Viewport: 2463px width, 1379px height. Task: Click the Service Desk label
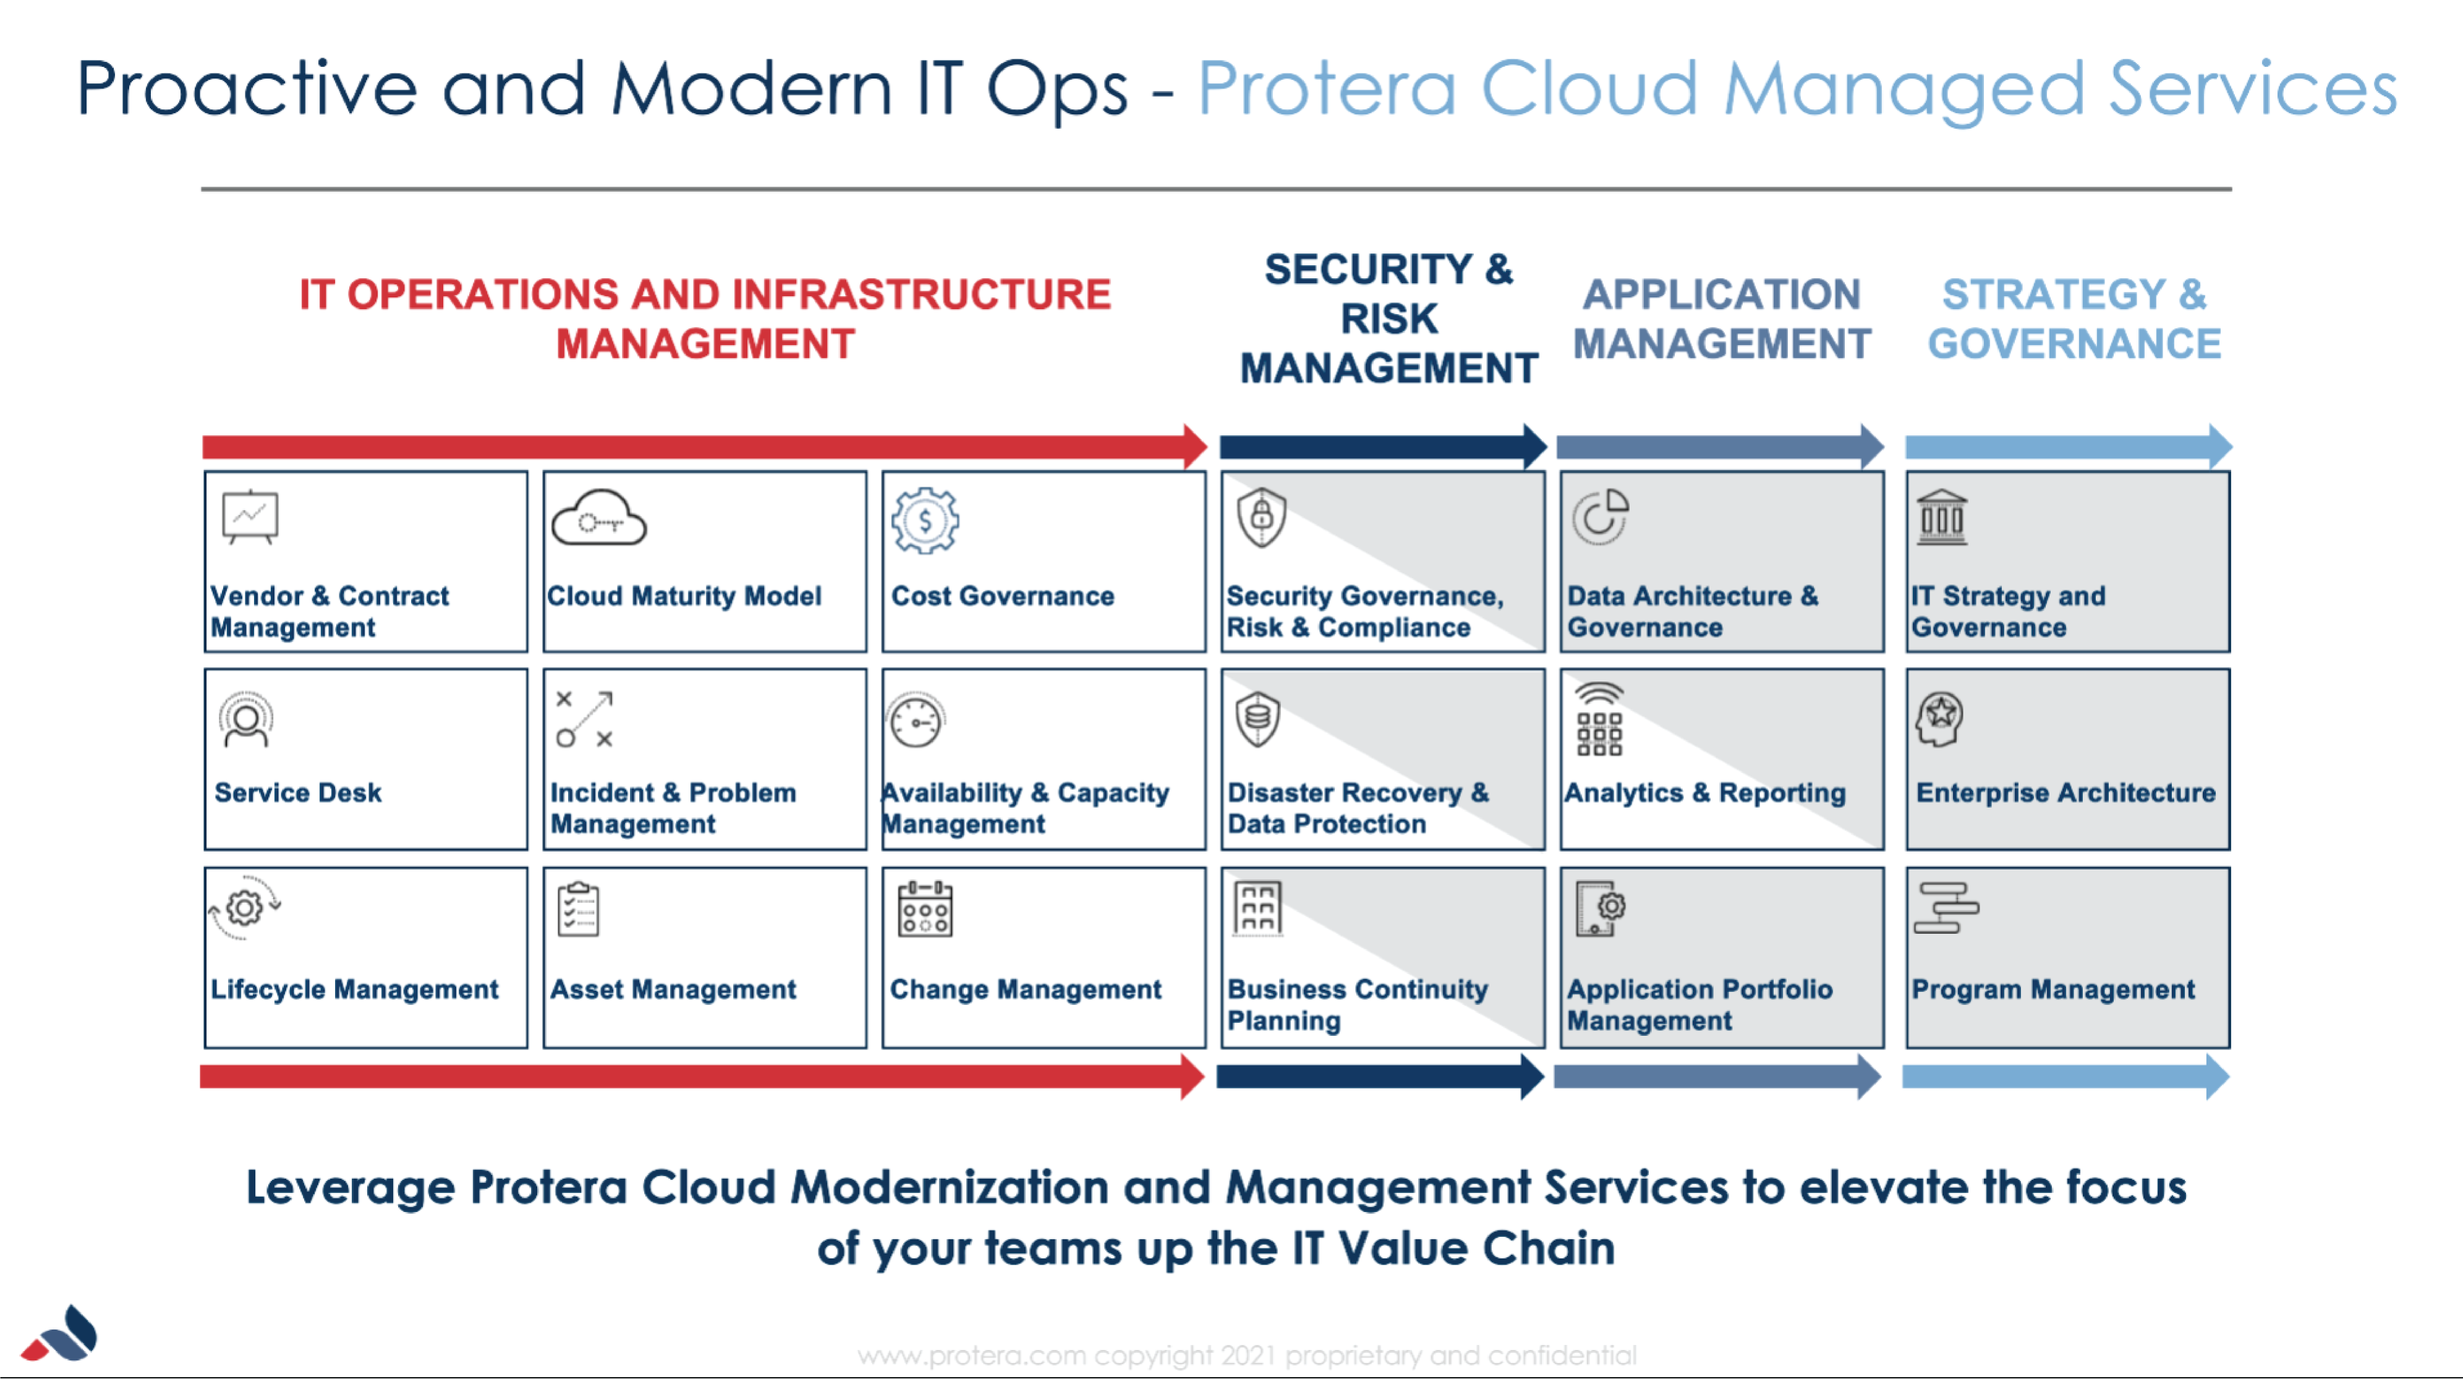[297, 793]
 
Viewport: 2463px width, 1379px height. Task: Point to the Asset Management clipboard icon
[579, 910]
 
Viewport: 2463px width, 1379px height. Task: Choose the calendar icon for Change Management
[925, 910]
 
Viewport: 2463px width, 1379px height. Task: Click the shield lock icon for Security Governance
[1261, 518]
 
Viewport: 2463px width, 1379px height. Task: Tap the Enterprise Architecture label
[2065, 793]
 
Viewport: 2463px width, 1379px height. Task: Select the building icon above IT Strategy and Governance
[1942, 518]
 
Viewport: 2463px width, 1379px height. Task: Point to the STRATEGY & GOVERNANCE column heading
[2074, 318]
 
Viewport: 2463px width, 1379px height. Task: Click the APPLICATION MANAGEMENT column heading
[1721, 318]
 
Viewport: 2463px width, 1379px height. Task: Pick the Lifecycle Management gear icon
[245, 908]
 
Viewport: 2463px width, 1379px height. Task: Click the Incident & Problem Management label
[672, 808]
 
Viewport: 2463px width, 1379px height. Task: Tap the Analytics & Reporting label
[1705, 793]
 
